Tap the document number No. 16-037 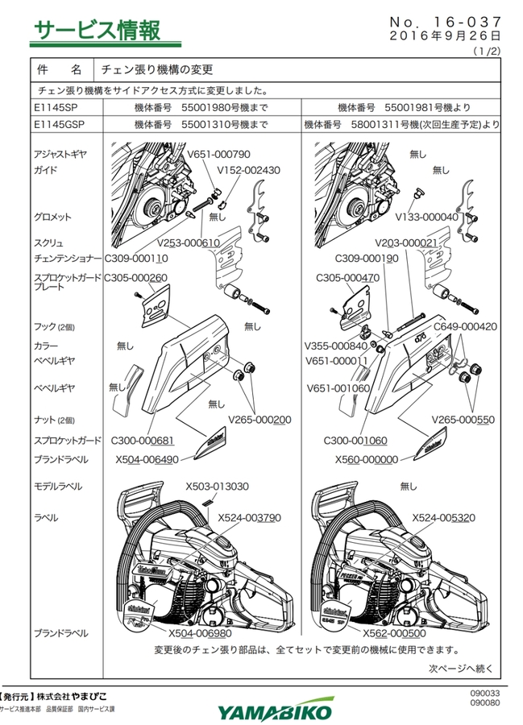click(x=446, y=19)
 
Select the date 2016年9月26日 click(x=445, y=36)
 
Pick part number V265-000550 click(x=463, y=420)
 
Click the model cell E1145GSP click(x=60, y=125)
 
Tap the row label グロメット click(x=52, y=217)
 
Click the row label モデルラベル click(x=57, y=487)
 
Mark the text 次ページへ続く click(x=460, y=668)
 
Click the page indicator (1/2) click(x=487, y=50)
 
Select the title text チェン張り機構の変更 click(x=157, y=69)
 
